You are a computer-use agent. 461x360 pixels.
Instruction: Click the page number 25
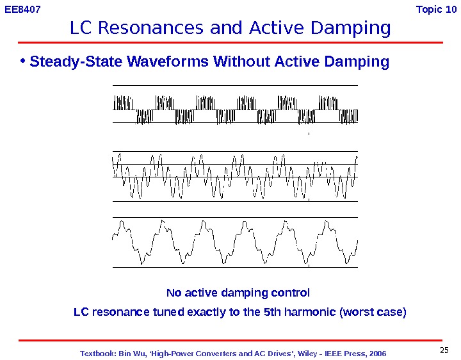tap(446, 349)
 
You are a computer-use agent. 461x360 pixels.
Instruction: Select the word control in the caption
tap(291, 293)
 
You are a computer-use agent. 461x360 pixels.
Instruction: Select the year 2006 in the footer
tap(377, 354)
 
